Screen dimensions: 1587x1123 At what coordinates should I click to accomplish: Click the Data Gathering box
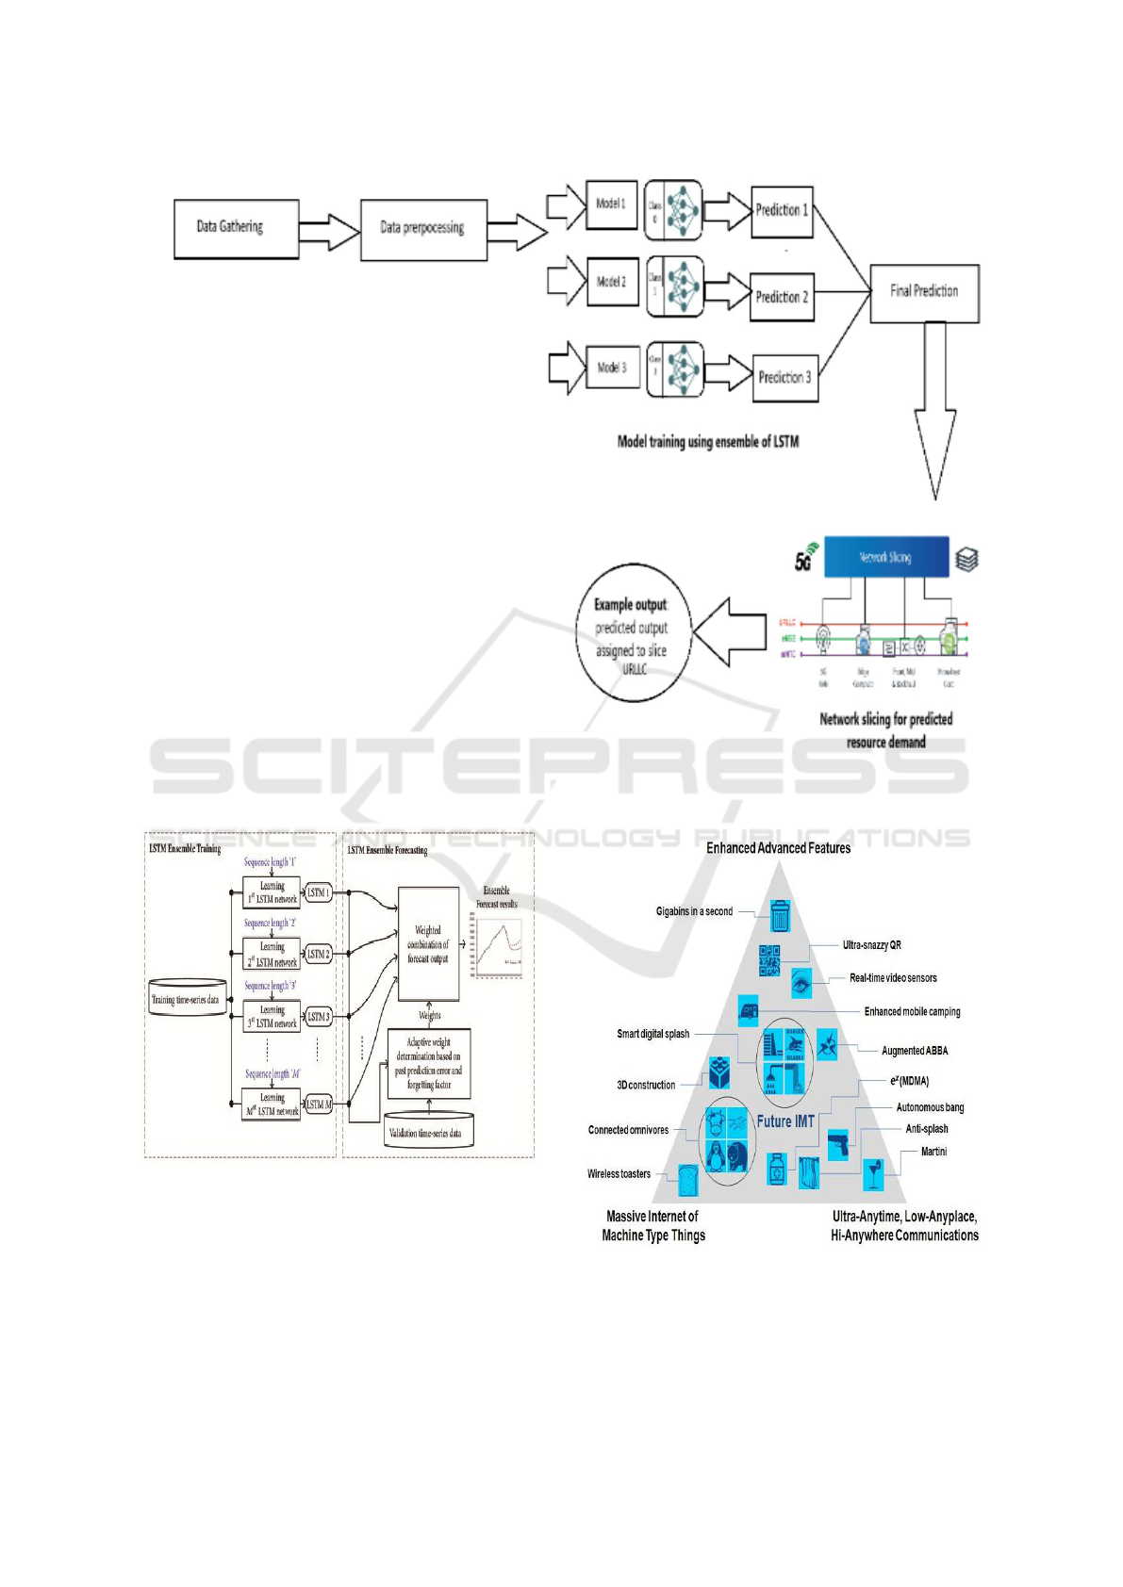(x=236, y=228)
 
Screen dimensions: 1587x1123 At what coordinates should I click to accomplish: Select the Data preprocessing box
(x=423, y=229)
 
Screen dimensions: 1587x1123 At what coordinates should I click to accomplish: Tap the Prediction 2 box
(x=782, y=297)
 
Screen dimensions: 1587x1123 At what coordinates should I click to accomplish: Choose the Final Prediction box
(x=924, y=292)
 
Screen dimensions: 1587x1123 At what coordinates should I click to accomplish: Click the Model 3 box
(x=611, y=368)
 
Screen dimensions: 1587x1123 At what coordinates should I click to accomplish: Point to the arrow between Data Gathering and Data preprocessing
(x=329, y=230)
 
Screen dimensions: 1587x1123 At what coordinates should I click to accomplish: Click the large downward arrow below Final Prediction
(x=934, y=415)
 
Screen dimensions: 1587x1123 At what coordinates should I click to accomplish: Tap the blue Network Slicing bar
(x=885, y=557)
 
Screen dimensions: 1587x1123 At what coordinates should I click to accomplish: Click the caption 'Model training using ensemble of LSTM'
(x=707, y=441)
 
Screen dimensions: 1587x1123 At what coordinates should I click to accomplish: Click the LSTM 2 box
(x=318, y=955)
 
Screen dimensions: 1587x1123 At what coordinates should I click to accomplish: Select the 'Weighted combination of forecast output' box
(x=428, y=943)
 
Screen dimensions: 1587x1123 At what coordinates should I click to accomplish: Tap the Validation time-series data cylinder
(x=429, y=1132)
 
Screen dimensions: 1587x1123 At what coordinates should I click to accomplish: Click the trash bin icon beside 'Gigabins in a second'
(x=780, y=915)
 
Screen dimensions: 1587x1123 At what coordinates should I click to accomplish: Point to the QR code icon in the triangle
(x=769, y=959)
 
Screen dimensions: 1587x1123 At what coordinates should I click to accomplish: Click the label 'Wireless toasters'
(x=619, y=1174)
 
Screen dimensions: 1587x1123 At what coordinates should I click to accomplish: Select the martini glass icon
(x=874, y=1174)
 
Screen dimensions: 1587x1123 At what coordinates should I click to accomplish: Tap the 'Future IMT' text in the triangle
(x=784, y=1121)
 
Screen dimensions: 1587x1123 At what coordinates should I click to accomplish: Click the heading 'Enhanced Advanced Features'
(x=778, y=848)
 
